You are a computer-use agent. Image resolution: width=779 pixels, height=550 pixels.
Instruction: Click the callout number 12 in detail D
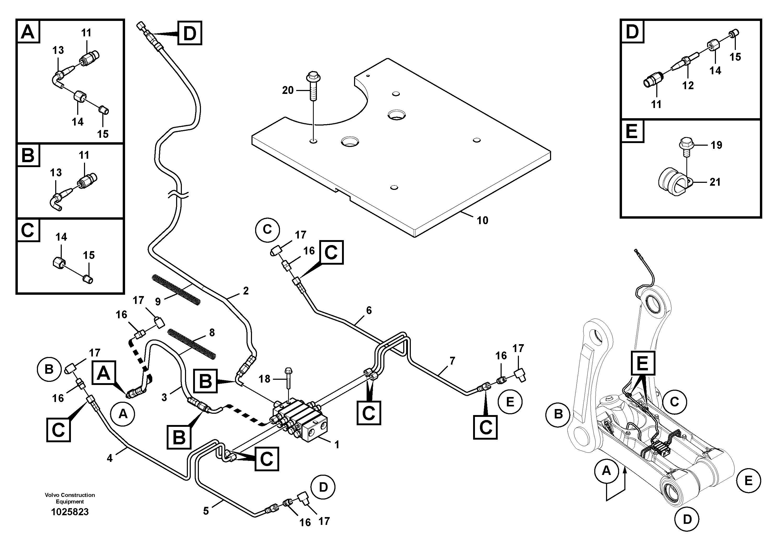pos(688,86)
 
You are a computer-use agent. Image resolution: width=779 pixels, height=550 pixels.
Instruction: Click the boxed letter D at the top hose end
pos(190,33)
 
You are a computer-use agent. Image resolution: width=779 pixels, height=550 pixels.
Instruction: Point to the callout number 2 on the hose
pos(246,291)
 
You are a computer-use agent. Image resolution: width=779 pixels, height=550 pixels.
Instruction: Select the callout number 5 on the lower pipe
pos(206,511)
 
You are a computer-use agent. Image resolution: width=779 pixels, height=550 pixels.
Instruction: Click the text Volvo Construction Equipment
pos(70,498)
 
